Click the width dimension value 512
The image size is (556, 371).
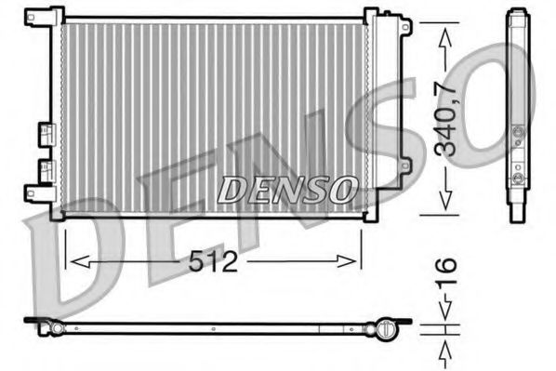(x=215, y=260)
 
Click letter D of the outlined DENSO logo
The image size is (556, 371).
(x=233, y=189)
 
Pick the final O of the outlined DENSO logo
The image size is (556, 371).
(x=342, y=189)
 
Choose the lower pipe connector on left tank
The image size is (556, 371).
(x=44, y=170)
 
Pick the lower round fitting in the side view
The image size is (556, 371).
(x=519, y=174)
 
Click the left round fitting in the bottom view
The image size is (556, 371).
(x=57, y=327)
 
